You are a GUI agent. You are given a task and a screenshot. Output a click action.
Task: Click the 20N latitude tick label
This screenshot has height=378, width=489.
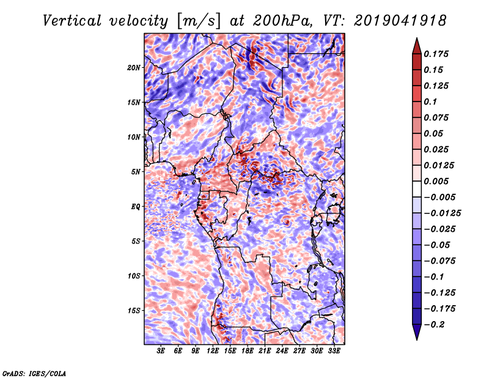134,67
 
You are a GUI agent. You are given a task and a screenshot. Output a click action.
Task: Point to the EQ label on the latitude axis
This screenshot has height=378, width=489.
136,207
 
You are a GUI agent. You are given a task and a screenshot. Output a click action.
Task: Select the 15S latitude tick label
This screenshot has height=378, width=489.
134,311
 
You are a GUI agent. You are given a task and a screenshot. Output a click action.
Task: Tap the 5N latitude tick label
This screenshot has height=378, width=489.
136,172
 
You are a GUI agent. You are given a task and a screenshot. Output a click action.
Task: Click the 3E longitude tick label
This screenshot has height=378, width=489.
161,352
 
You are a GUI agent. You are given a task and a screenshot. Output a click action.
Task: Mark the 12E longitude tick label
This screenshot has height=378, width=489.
213,352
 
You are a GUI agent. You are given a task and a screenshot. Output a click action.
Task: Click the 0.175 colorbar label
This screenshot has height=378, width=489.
438,54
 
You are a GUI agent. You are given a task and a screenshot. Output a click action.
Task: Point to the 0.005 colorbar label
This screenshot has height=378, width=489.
438,181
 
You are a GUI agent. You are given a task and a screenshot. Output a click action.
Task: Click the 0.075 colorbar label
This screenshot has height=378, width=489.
438,117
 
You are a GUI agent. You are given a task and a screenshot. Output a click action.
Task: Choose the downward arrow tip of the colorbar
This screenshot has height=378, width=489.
416,338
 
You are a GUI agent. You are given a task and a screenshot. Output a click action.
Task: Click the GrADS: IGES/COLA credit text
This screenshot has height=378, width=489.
34,372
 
